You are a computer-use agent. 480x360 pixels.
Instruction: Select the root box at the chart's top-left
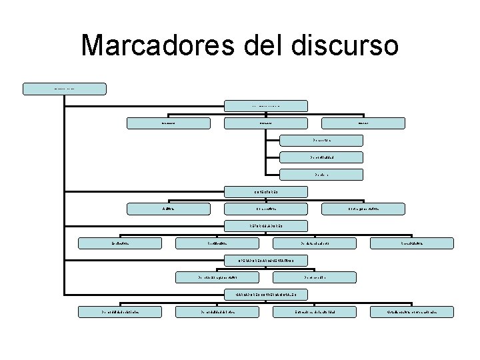[x=64, y=88]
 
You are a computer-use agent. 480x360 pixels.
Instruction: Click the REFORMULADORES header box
[x=266, y=226]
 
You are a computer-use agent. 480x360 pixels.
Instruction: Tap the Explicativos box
[x=120, y=243]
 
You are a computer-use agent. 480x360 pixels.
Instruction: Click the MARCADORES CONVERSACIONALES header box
[x=266, y=294]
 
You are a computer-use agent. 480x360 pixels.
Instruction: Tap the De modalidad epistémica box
[x=120, y=311]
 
